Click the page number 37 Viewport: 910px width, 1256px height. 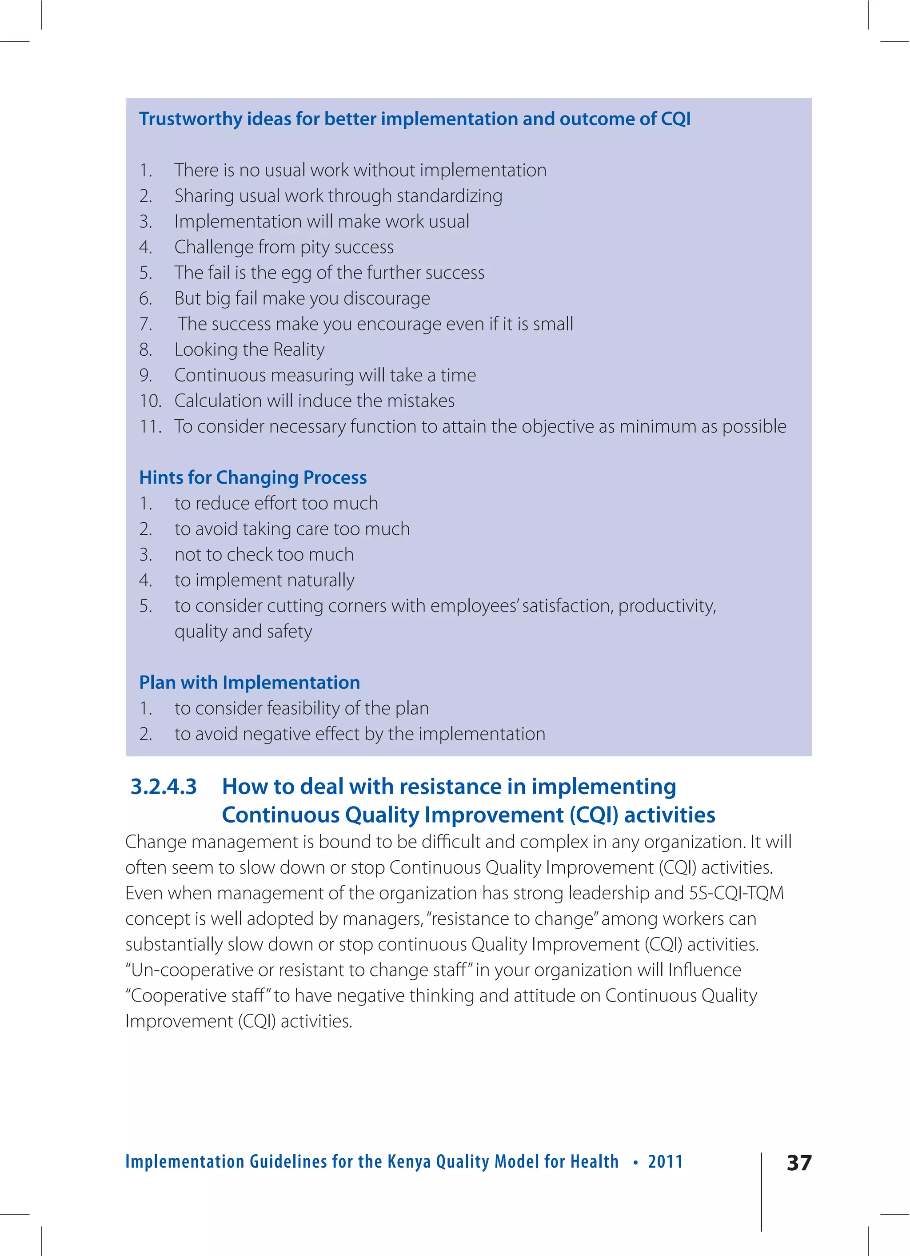tap(798, 1162)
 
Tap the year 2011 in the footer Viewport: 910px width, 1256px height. tap(665, 1161)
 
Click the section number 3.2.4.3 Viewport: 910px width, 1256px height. tap(164, 787)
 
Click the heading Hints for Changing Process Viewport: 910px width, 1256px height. tap(253, 477)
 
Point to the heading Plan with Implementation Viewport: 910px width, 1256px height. tap(249, 682)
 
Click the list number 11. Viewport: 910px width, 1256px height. tap(150, 426)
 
